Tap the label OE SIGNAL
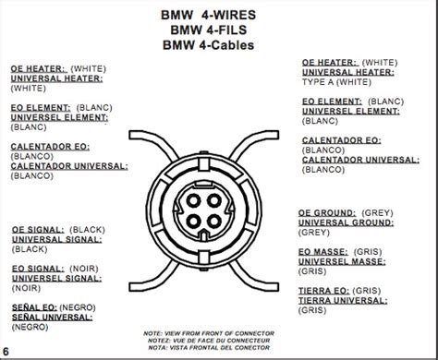click(37, 227)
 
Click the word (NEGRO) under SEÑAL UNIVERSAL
click(32, 328)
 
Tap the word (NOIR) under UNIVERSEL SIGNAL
click(29, 288)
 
